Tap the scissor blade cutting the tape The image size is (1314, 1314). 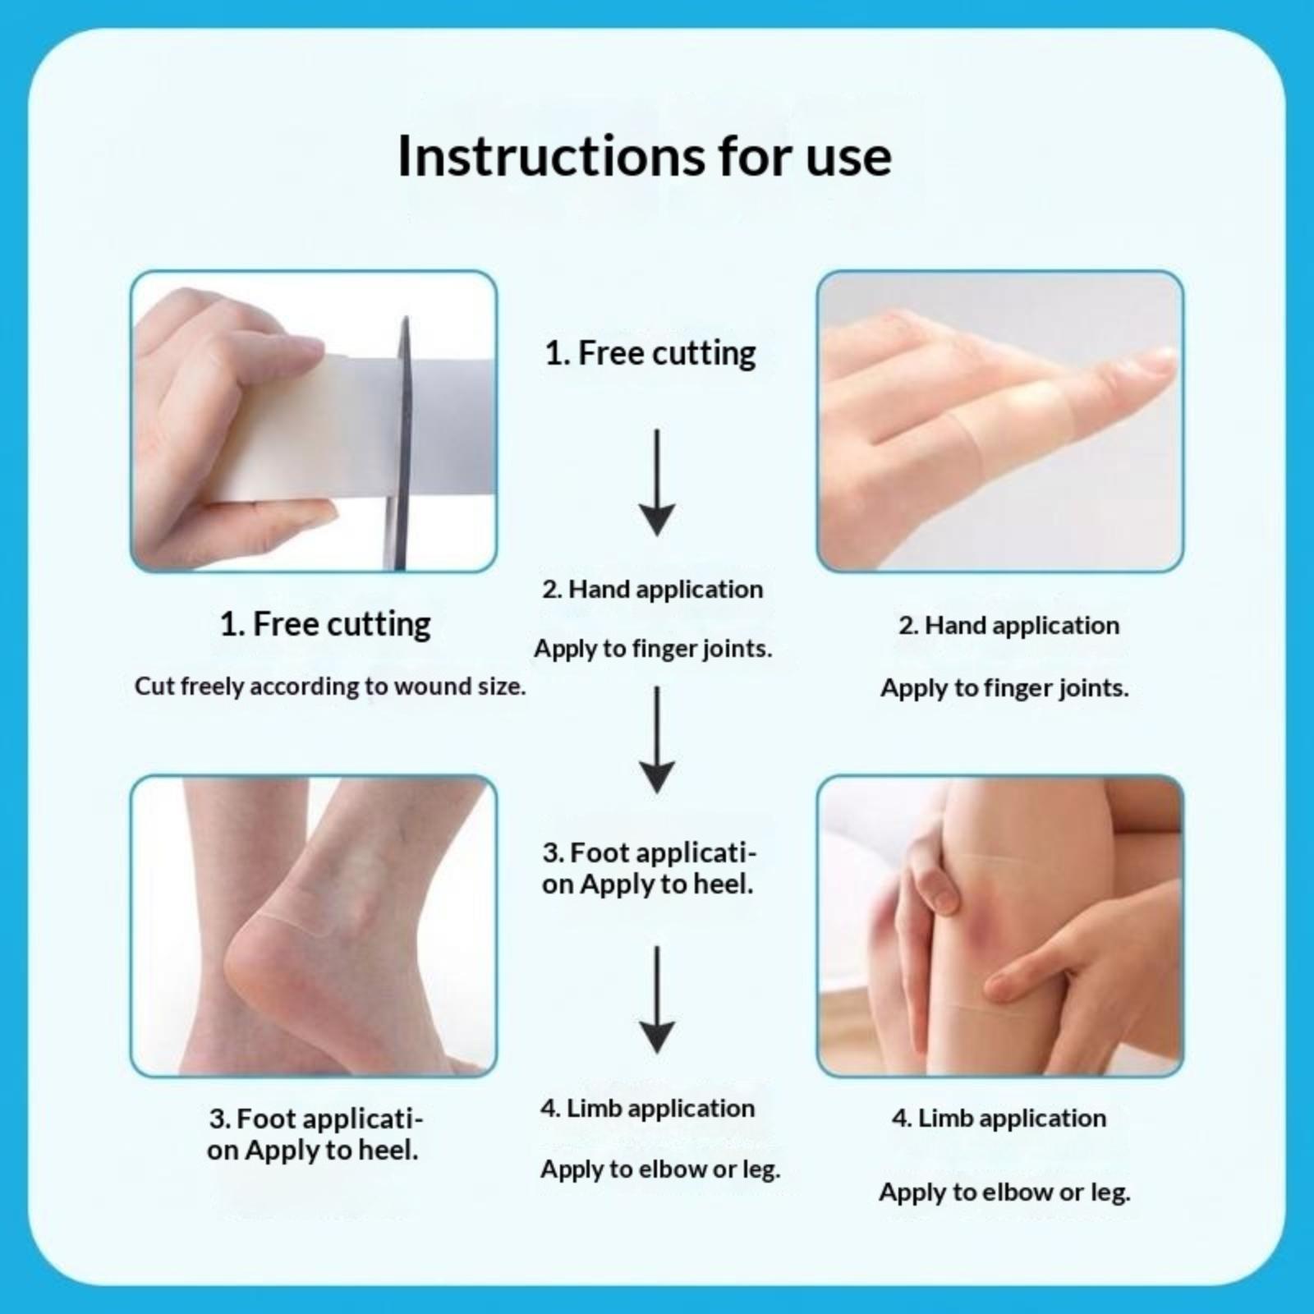click(x=402, y=443)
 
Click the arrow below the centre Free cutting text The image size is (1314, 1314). click(x=657, y=483)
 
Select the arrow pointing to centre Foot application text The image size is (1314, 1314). click(x=657, y=740)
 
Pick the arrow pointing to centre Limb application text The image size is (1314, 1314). click(x=657, y=999)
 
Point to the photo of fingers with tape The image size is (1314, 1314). click(x=1000, y=421)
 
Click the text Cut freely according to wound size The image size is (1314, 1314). click(x=329, y=687)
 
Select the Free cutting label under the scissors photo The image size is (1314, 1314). click(x=325, y=625)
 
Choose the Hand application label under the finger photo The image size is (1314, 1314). click(x=1008, y=626)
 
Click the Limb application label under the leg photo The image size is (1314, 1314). click(x=999, y=1119)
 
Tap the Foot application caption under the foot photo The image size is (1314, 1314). click(x=315, y=1134)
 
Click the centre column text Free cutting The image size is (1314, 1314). click(x=650, y=354)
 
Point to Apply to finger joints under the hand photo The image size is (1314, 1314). click(x=1004, y=688)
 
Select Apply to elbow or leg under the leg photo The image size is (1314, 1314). click(x=1004, y=1192)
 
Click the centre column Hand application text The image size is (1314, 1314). click(x=652, y=590)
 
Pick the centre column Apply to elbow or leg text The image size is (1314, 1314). click(x=660, y=1169)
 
